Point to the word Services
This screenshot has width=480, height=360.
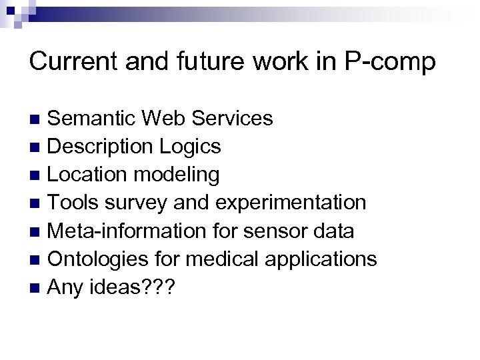tap(231, 119)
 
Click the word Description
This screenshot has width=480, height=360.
tap(102, 147)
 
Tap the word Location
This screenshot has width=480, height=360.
tap(90, 175)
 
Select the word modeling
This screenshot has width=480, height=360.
tap(178, 175)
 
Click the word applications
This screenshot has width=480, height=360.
tap(322, 260)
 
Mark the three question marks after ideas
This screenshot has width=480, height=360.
tap(159, 287)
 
